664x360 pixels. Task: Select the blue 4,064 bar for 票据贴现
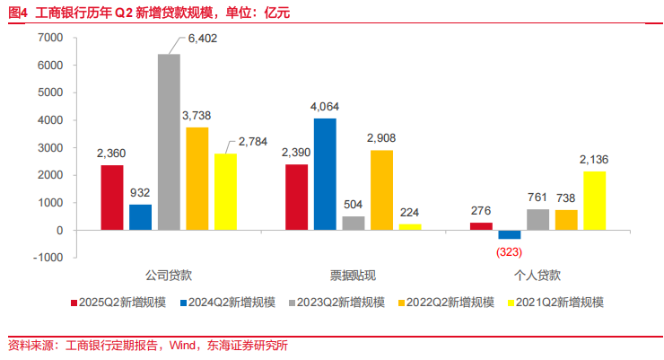click(x=325, y=174)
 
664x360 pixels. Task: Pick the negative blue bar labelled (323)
click(x=510, y=234)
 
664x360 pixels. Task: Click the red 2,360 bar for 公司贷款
click(x=111, y=198)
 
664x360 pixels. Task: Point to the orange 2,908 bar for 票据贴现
click(x=380, y=190)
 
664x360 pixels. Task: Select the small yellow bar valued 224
click(x=409, y=227)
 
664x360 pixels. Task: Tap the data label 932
click(x=141, y=192)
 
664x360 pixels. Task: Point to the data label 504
click(x=353, y=204)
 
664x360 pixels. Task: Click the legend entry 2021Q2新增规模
click(x=560, y=303)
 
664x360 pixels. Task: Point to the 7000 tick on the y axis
click(x=48, y=38)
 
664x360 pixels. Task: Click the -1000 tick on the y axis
click(x=47, y=258)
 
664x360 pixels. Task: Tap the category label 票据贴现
click(x=354, y=276)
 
